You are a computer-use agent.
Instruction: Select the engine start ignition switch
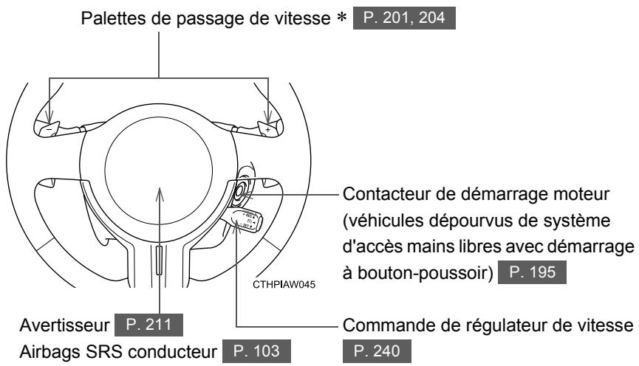pyautogui.click(x=242, y=194)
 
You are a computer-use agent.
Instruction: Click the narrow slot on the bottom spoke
pyautogui.click(x=161, y=261)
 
